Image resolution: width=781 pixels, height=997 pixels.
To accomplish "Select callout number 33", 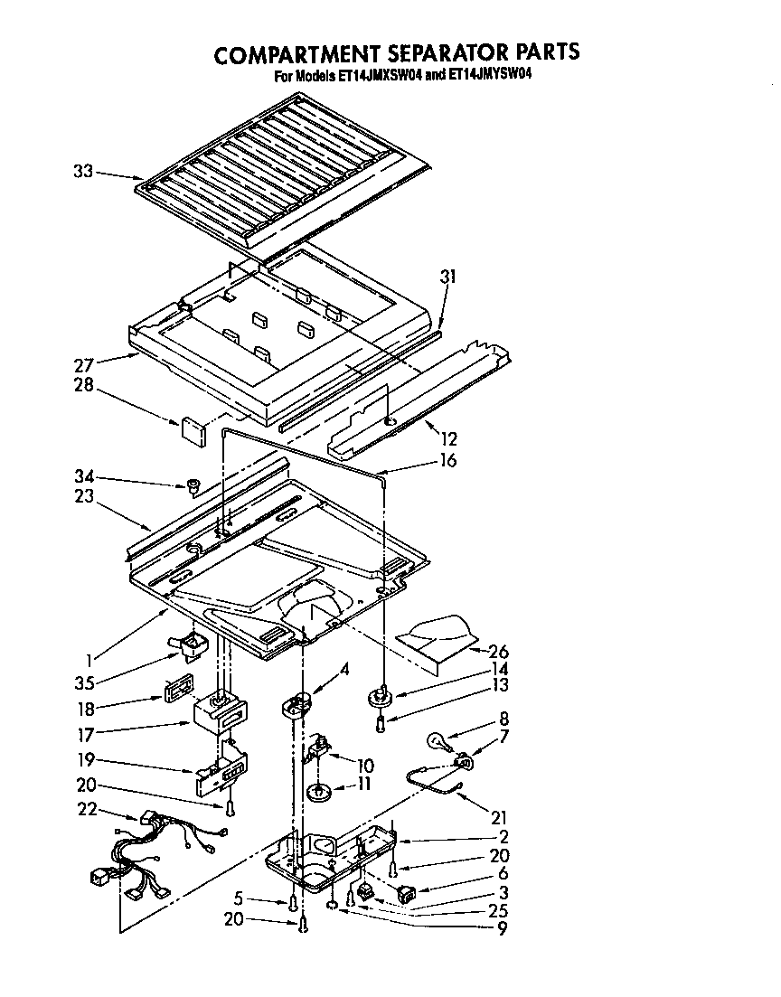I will pos(82,170).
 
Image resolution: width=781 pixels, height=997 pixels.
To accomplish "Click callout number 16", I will pos(448,461).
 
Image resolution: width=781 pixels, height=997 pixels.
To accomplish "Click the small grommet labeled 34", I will pos(192,488).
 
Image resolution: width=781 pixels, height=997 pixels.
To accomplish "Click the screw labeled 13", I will pos(381,723).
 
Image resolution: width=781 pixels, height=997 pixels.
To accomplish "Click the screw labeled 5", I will pos(292,902).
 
